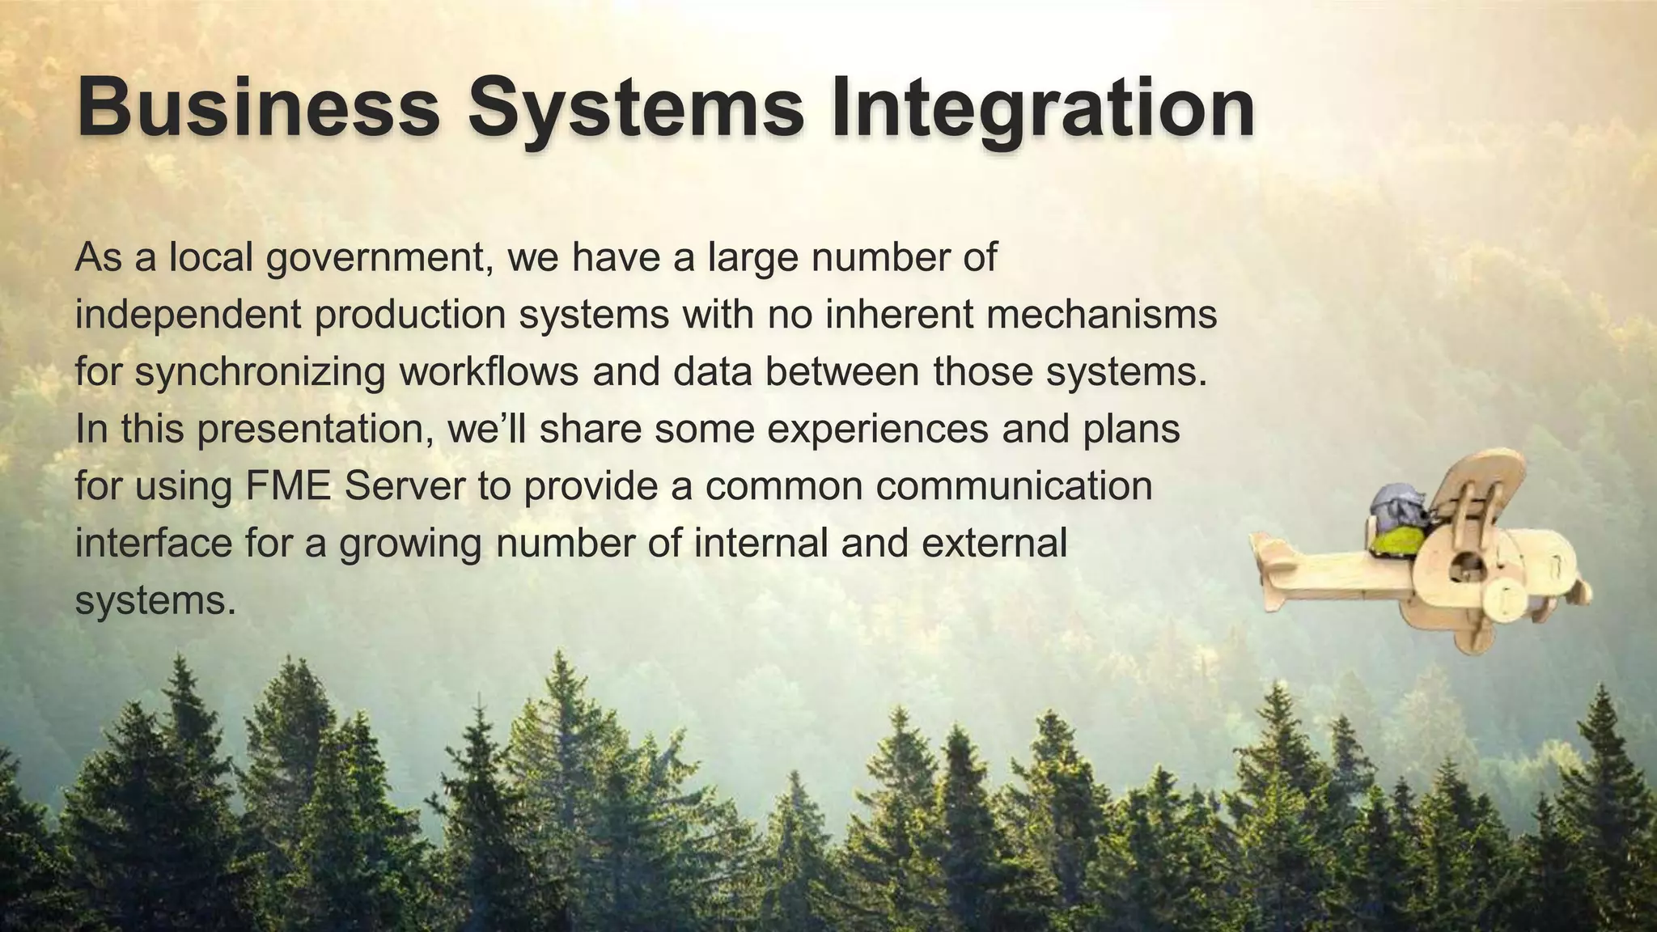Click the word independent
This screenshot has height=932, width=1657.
click(x=188, y=315)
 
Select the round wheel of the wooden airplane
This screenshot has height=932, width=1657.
click(x=1504, y=598)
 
